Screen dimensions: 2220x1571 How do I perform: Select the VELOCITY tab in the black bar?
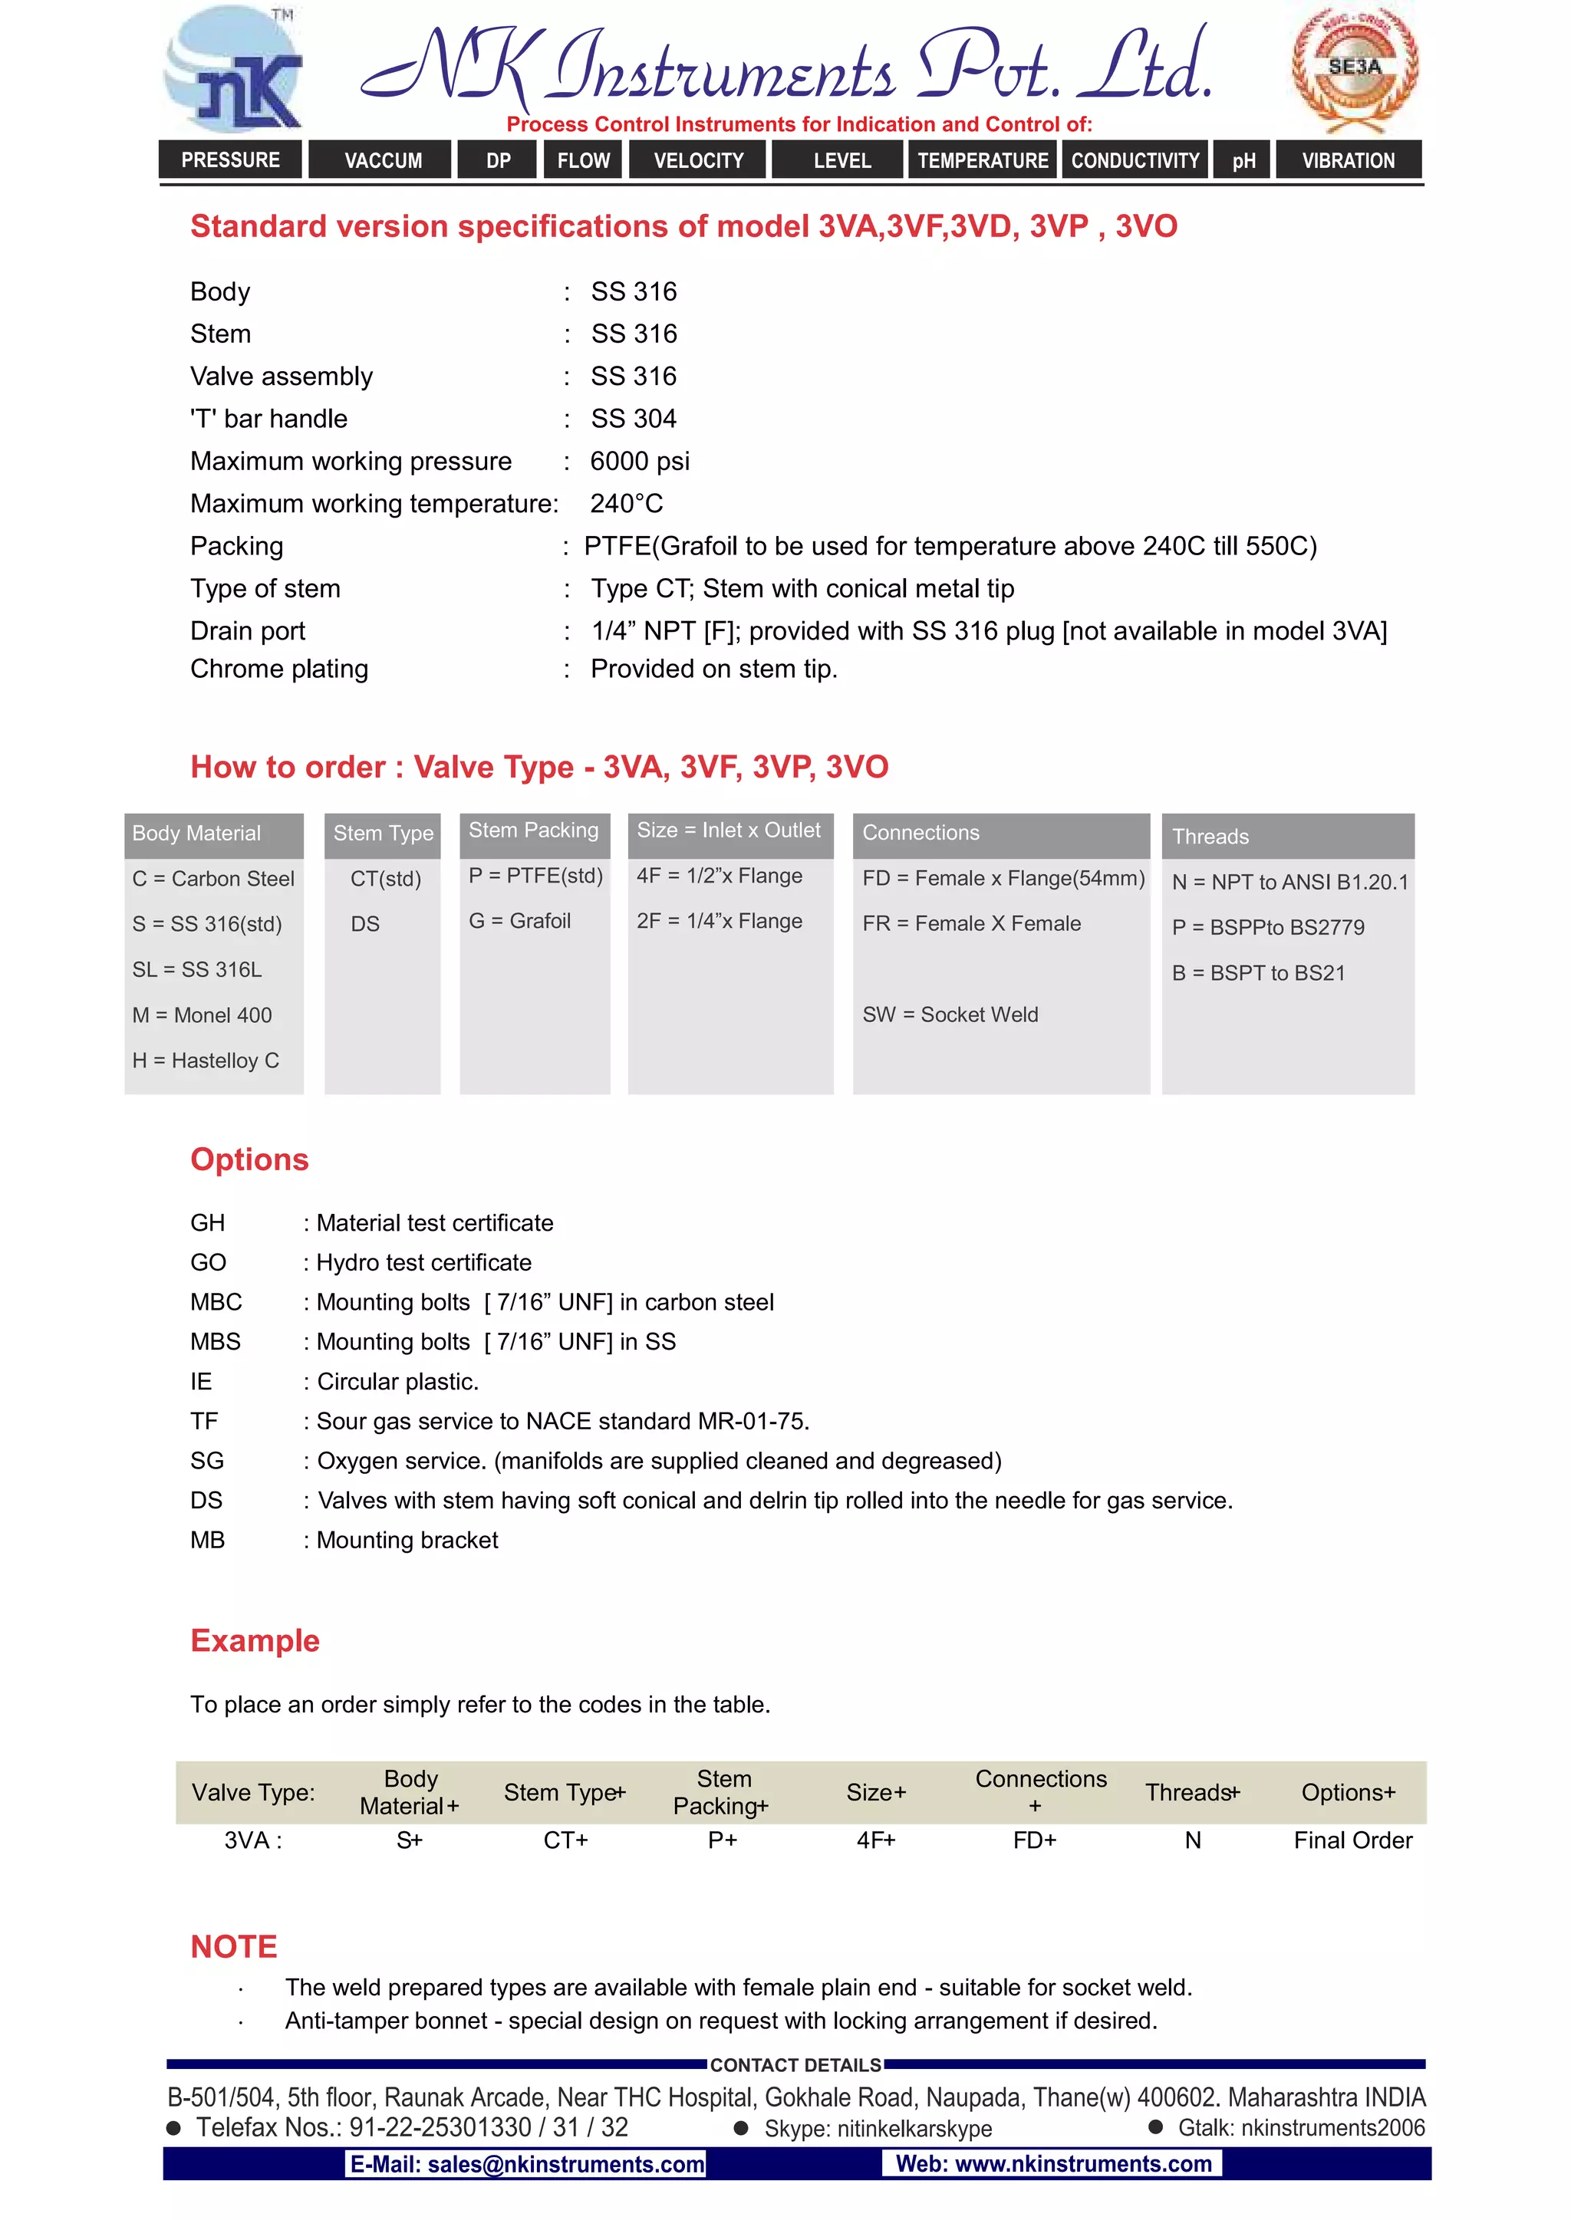coord(699,160)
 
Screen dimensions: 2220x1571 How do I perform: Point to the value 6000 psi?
coord(640,461)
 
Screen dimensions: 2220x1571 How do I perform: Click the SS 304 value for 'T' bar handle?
coord(634,419)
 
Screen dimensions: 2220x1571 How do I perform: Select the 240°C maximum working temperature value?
coord(627,504)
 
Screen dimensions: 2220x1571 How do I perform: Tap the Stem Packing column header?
coord(534,830)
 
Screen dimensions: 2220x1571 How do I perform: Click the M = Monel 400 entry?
coord(203,1015)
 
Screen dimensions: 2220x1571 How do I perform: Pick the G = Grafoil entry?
coord(520,922)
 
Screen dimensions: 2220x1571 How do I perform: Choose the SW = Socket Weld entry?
coord(950,1015)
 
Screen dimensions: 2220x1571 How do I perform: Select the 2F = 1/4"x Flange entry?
coord(720,922)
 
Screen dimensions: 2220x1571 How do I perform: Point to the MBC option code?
coord(216,1302)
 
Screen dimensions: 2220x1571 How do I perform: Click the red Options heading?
coord(249,1159)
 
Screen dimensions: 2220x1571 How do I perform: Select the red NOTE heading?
coord(234,1946)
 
